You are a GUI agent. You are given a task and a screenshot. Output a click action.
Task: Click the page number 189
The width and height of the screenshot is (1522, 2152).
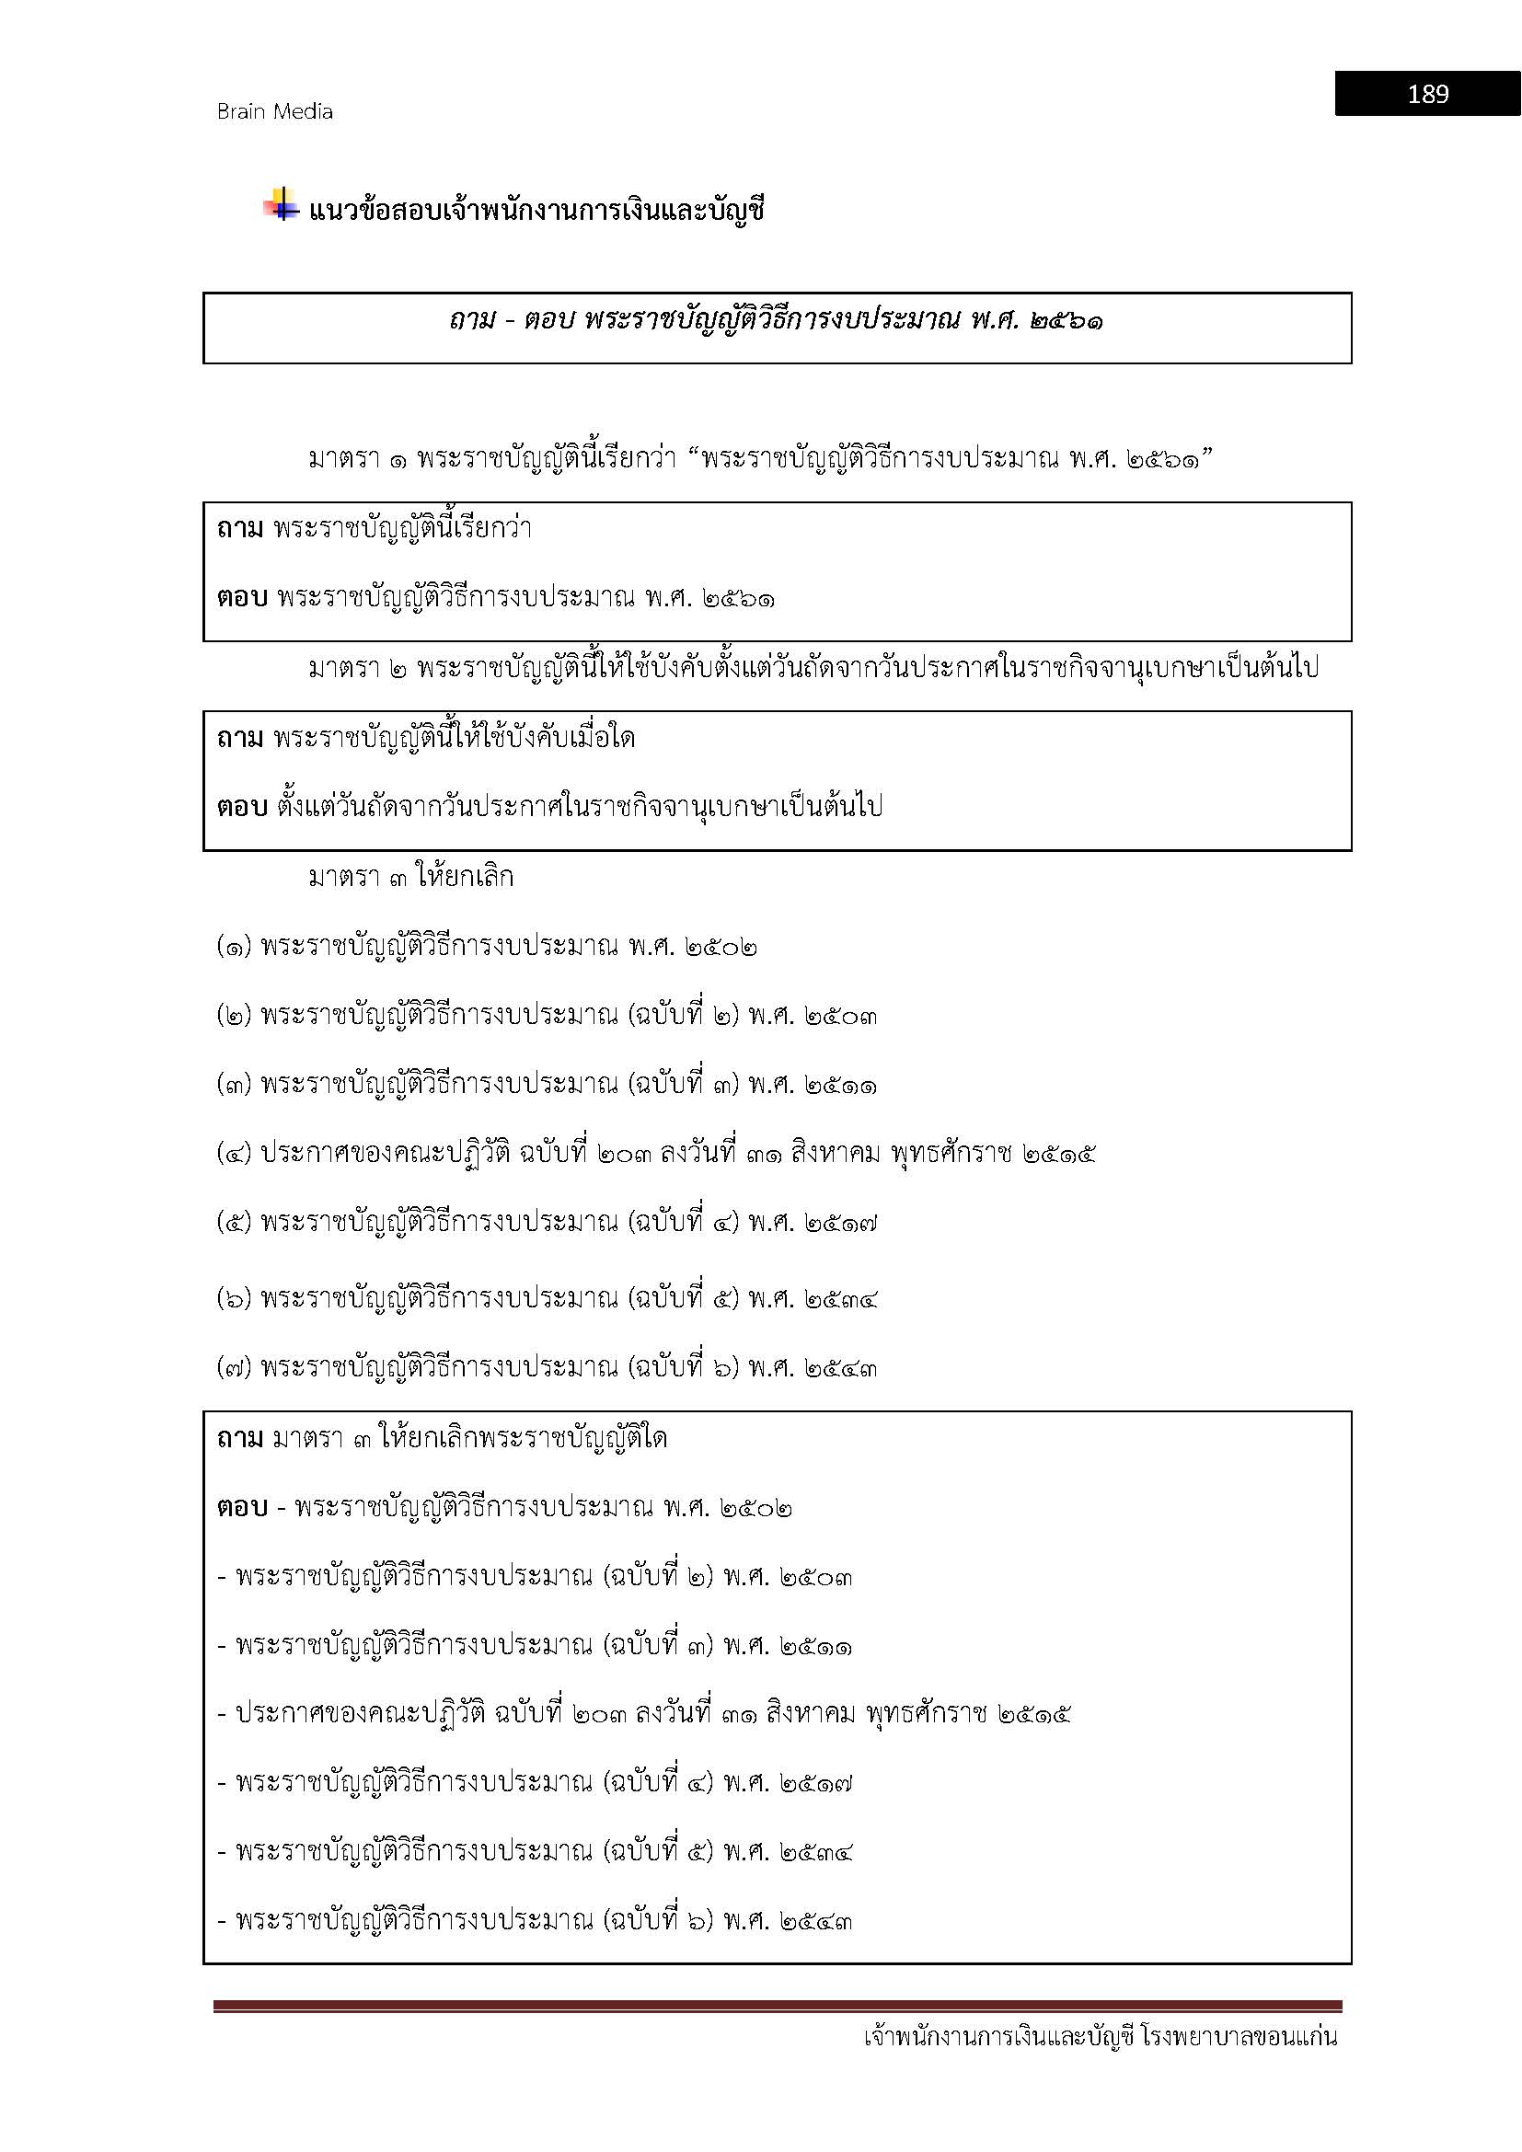[x=1426, y=94]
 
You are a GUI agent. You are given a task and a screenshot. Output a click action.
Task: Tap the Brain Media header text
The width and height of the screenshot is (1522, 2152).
[x=274, y=111]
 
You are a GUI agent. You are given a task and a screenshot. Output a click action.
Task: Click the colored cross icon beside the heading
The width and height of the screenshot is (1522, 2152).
[x=281, y=205]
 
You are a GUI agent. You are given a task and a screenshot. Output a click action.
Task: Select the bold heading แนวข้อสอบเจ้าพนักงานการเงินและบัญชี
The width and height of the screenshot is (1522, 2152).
[x=536, y=210]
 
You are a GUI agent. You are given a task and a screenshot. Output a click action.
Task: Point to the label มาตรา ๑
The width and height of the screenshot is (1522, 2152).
[x=358, y=459]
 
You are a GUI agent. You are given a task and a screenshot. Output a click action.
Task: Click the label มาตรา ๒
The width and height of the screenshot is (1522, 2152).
[x=358, y=668]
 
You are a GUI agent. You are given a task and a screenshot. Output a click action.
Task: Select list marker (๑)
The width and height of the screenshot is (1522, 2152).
[x=235, y=947]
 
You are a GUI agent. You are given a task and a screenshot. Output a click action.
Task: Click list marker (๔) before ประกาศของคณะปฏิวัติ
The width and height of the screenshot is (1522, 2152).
[x=235, y=1153]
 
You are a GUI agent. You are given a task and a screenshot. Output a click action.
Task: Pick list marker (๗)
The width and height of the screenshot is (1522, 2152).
[x=235, y=1367]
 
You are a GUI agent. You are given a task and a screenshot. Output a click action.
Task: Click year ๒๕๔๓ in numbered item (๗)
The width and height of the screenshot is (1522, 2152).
[x=841, y=1367]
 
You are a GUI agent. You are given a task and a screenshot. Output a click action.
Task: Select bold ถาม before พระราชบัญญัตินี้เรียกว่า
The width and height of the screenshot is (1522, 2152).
[x=240, y=529]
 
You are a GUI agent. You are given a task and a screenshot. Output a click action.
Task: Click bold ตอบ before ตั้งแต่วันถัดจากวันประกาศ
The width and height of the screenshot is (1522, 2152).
[x=242, y=806]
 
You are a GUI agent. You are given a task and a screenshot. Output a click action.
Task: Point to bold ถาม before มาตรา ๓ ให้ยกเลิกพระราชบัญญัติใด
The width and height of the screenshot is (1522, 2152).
[x=240, y=1438]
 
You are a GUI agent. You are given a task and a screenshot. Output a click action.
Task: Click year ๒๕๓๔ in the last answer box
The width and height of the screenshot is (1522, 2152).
[x=815, y=1851]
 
